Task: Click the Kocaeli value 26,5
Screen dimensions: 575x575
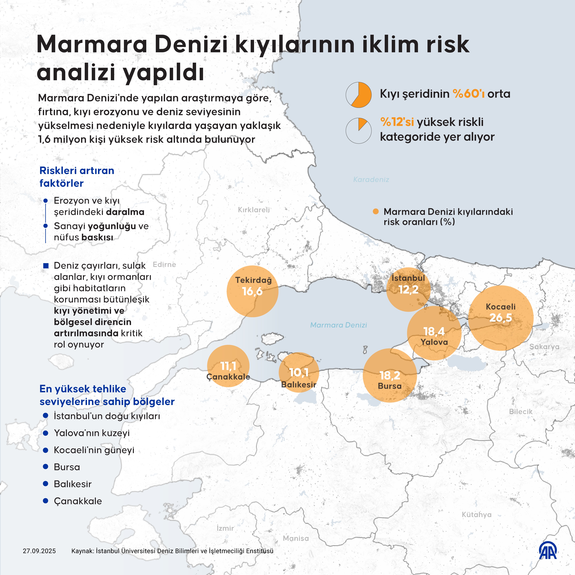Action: tap(501, 318)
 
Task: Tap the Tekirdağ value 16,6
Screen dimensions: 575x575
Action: tap(252, 291)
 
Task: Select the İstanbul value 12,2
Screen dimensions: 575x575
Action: tap(408, 290)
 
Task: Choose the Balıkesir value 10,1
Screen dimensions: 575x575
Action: tap(299, 372)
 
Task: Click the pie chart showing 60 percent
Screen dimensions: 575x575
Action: tap(359, 95)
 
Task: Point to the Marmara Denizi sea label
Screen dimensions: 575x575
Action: tap(338, 325)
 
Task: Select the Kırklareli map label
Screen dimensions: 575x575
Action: tap(254, 210)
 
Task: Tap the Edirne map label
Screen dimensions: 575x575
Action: tap(164, 265)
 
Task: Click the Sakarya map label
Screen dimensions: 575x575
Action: tap(544, 347)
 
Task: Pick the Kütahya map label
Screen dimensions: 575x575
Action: tap(476, 515)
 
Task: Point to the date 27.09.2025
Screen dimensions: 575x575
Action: tap(39, 551)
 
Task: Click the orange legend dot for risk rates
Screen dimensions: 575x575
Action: tap(376, 212)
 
